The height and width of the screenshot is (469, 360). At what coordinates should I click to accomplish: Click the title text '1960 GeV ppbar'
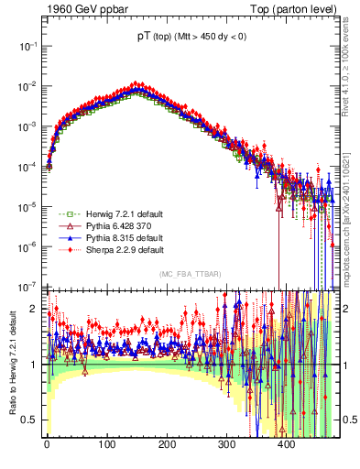[82, 10]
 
